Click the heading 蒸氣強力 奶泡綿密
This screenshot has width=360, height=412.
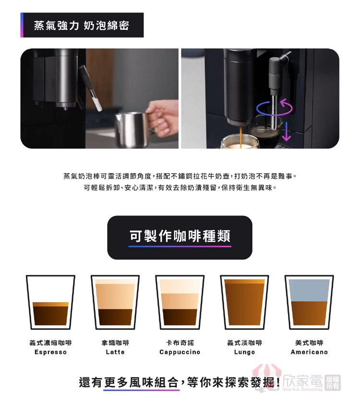[82, 25]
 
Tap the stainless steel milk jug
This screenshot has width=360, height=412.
[132, 130]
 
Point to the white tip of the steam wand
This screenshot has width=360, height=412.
[98, 106]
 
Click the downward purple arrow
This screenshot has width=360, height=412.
[287, 131]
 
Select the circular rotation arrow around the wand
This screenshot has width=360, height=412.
[274, 108]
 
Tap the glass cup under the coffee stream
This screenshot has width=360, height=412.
[240, 142]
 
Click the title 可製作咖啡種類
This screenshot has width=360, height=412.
[180, 235]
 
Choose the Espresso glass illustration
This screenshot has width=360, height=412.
[50, 302]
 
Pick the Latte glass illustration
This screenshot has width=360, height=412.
[115, 302]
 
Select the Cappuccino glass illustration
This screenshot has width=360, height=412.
[180, 302]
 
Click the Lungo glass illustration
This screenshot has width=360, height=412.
[244, 302]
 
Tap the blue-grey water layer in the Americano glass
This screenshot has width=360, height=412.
[309, 290]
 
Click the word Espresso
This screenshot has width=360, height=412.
[50, 352]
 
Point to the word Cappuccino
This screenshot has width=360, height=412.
[180, 352]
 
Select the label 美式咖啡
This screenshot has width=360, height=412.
[309, 342]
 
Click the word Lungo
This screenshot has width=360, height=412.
[244, 353]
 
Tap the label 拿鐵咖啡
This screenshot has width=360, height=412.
[115, 342]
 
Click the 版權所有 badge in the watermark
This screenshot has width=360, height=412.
[333, 383]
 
